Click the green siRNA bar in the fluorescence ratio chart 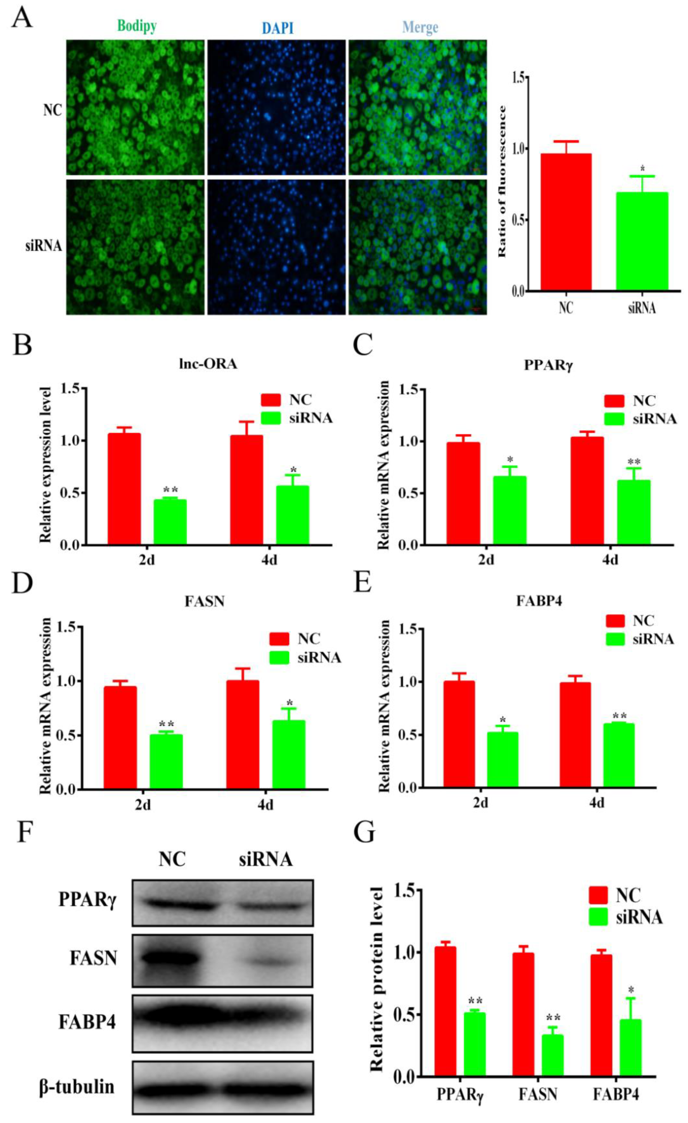point(642,241)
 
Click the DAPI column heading point(278,28)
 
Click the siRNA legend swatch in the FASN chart point(279,657)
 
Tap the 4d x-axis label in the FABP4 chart point(596,803)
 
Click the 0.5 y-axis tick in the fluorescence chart point(521,220)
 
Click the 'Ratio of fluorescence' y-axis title point(502,181)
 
